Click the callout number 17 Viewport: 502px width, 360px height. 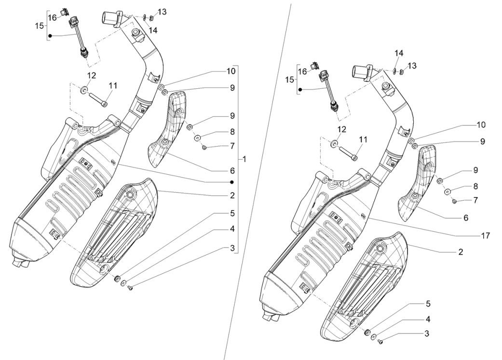click(485, 235)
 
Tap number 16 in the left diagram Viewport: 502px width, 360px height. click(52, 17)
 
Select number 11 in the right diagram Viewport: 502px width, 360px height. click(363, 139)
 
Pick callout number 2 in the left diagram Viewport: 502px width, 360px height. click(232, 195)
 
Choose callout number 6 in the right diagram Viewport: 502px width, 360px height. click(466, 218)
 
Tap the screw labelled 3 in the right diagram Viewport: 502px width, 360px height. click(380, 342)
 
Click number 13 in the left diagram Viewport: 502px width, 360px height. click(162, 12)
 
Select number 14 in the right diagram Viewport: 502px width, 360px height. click(399, 53)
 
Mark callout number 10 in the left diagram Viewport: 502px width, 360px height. click(231, 71)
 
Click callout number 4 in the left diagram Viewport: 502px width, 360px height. click(232, 228)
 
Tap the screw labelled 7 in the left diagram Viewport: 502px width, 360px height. click(204, 147)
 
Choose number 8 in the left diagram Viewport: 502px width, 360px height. click(232, 131)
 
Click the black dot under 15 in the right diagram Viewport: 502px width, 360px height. click(300, 89)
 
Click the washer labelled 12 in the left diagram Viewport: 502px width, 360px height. click(84, 90)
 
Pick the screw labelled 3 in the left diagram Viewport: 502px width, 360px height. click(130, 288)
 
